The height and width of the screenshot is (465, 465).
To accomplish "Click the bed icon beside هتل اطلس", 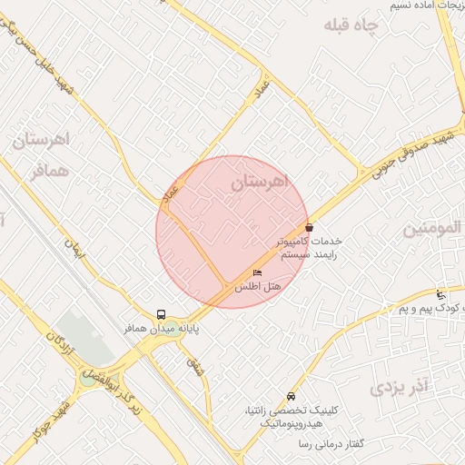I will point(257,273).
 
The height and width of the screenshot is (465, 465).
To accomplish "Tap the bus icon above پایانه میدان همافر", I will point(161,312).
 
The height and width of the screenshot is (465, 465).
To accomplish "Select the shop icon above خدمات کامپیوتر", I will point(309,228).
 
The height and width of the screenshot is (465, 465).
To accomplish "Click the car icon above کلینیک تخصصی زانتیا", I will point(290,396).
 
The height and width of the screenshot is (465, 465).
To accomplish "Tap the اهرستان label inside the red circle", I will point(258,183).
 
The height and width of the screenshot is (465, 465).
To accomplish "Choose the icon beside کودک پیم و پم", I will point(440,294).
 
